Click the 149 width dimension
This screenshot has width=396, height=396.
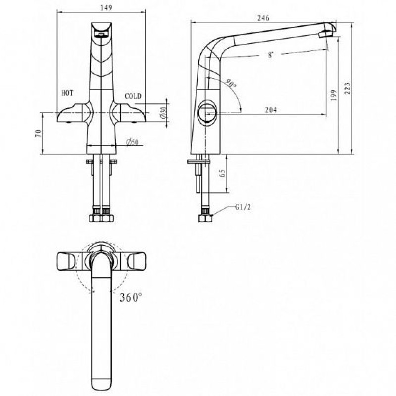click(x=106, y=7)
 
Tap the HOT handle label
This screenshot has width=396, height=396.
click(x=67, y=93)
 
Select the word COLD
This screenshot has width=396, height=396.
click(x=133, y=96)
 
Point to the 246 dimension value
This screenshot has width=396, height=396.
click(x=263, y=18)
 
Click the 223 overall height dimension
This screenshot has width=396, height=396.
click(x=347, y=88)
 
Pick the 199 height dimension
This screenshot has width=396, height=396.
click(x=334, y=95)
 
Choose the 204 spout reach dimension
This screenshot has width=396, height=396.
click(x=271, y=110)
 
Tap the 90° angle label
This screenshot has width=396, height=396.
click(x=231, y=83)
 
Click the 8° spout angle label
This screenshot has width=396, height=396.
click(x=270, y=55)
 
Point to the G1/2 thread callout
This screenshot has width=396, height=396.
click(x=243, y=207)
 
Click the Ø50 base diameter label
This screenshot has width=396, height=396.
click(x=132, y=142)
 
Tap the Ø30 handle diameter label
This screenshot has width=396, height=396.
click(x=163, y=113)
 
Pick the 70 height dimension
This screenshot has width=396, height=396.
click(x=38, y=133)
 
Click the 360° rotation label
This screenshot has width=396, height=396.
click(x=131, y=297)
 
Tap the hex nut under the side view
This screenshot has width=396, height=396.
click(x=205, y=218)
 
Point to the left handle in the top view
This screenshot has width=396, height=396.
click(x=66, y=261)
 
